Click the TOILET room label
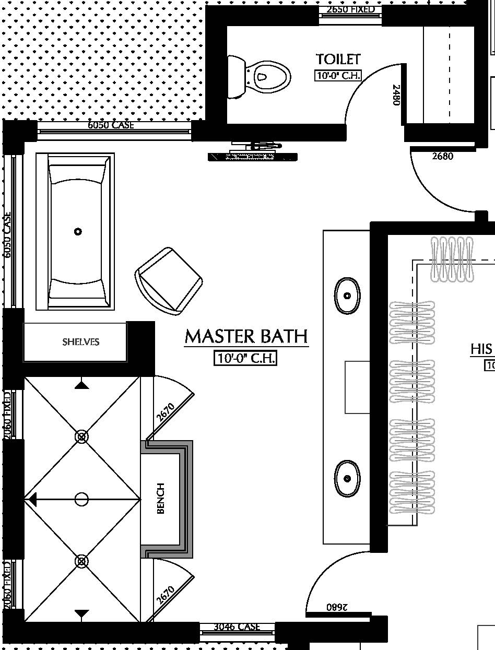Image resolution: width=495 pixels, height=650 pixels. pos(338,59)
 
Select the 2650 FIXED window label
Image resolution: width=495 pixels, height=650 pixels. pos(350,9)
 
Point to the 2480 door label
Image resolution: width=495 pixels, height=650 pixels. pos(396,95)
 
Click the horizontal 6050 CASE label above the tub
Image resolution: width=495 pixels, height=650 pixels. pos(111,125)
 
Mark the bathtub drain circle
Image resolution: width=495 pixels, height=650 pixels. pos(78,231)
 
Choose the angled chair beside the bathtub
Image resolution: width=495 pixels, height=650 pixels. pos(168,281)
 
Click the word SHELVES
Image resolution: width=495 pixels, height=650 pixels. pos(81,342)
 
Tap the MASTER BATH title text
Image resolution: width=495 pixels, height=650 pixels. pos(246,337)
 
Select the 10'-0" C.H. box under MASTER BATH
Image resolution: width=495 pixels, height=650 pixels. pos(245,358)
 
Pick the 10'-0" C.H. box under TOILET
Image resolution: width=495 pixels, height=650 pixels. pos(338,75)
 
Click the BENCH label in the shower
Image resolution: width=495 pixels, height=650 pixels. pos(161,498)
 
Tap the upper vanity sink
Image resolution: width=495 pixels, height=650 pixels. pos(347,296)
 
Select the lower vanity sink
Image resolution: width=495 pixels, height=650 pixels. pos(347,478)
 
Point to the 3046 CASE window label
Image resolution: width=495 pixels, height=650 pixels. pos(237,627)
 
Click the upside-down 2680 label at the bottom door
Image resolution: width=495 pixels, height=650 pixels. pos(337,607)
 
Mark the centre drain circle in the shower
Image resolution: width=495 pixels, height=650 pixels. pos(81,500)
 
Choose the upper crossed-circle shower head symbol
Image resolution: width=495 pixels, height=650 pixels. pos(81,436)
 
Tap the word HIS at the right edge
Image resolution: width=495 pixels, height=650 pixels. pos(482,349)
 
